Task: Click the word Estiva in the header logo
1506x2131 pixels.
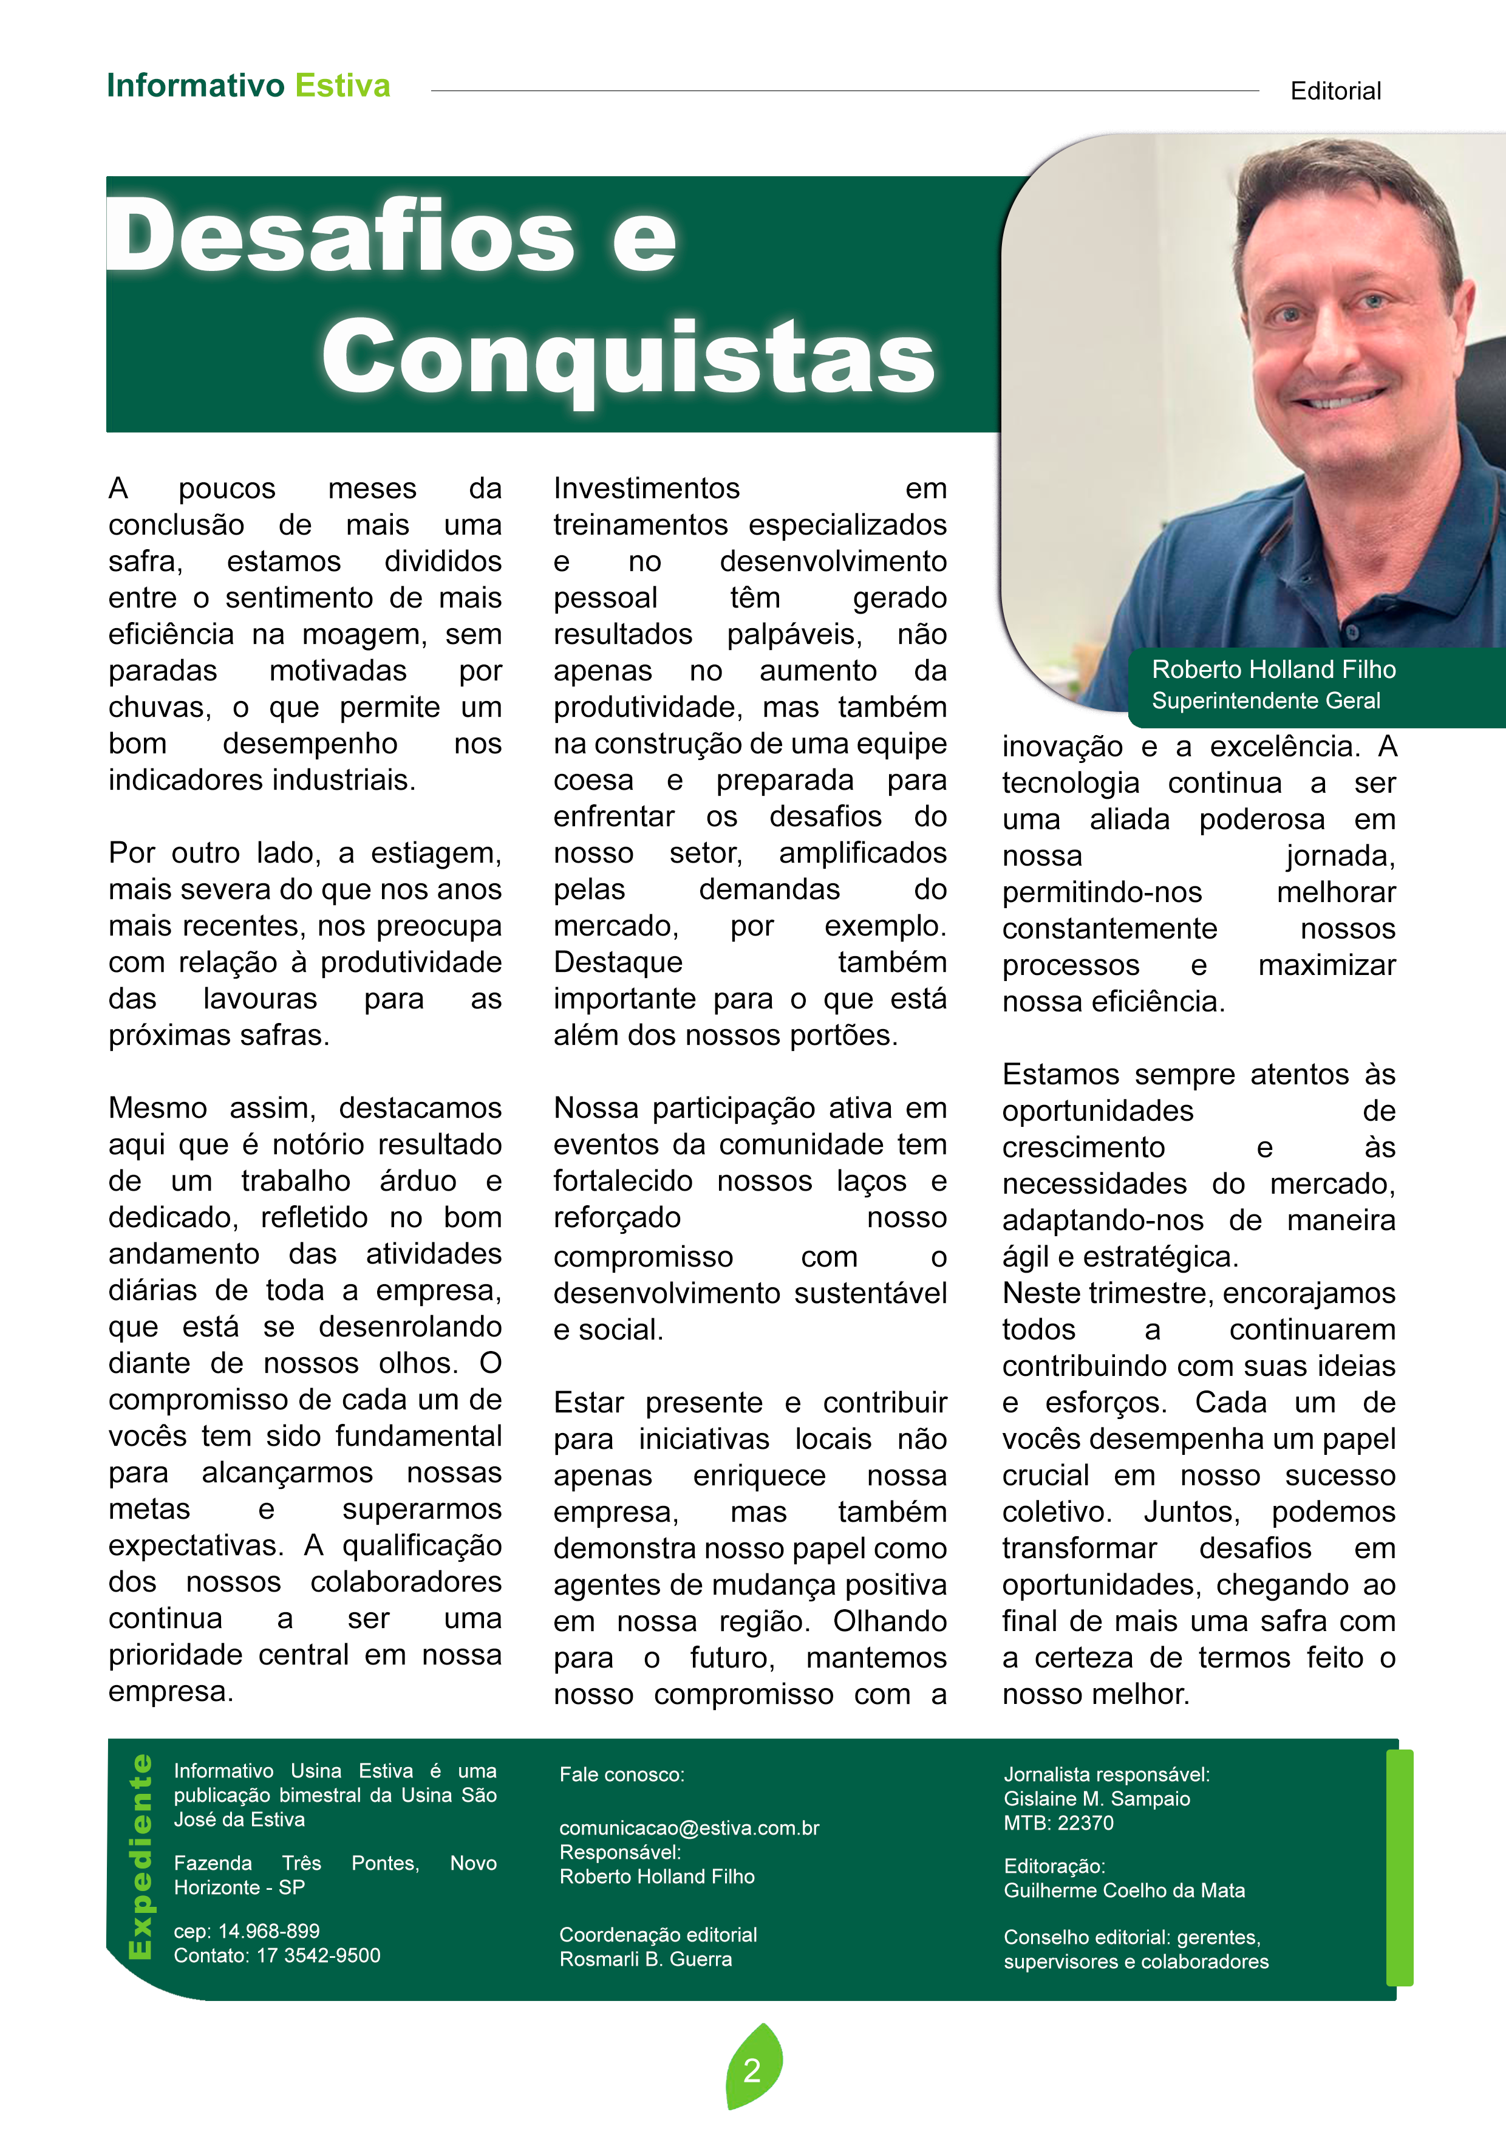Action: coord(342,86)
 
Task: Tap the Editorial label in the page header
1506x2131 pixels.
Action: coord(1335,91)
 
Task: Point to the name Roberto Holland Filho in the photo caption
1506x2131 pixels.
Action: coord(1273,669)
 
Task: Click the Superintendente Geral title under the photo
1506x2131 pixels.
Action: coord(1266,701)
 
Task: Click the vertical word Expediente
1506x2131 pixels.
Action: coord(141,1856)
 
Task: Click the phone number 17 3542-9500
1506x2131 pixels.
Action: coord(318,1955)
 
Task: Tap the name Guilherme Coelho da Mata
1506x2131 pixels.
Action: coord(1123,1890)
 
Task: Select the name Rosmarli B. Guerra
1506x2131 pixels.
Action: coord(646,1958)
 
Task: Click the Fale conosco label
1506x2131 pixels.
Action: coord(622,1774)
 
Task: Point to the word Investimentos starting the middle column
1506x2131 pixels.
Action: coord(647,488)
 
